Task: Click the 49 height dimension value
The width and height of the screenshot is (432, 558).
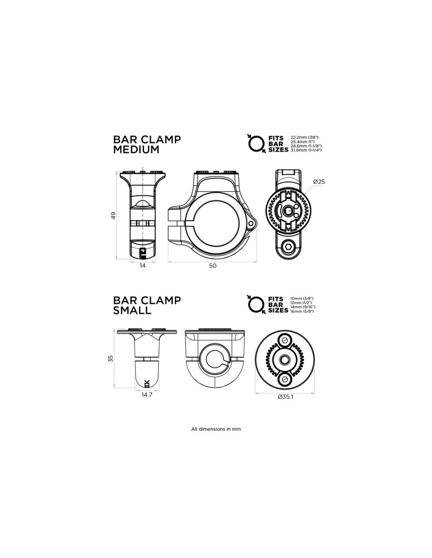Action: [113, 215]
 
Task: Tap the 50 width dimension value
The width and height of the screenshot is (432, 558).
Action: [212, 266]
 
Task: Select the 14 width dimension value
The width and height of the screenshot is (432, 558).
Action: [143, 266]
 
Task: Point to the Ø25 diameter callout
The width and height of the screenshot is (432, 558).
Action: [319, 182]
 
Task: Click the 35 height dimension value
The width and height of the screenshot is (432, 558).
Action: [111, 359]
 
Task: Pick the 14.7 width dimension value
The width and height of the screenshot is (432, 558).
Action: [147, 395]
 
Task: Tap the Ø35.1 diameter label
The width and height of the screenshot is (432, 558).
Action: [286, 396]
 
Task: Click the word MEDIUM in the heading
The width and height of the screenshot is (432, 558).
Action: [136, 150]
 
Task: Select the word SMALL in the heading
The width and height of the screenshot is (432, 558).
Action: [132, 310]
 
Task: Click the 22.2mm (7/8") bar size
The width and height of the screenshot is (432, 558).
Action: [304, 138]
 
